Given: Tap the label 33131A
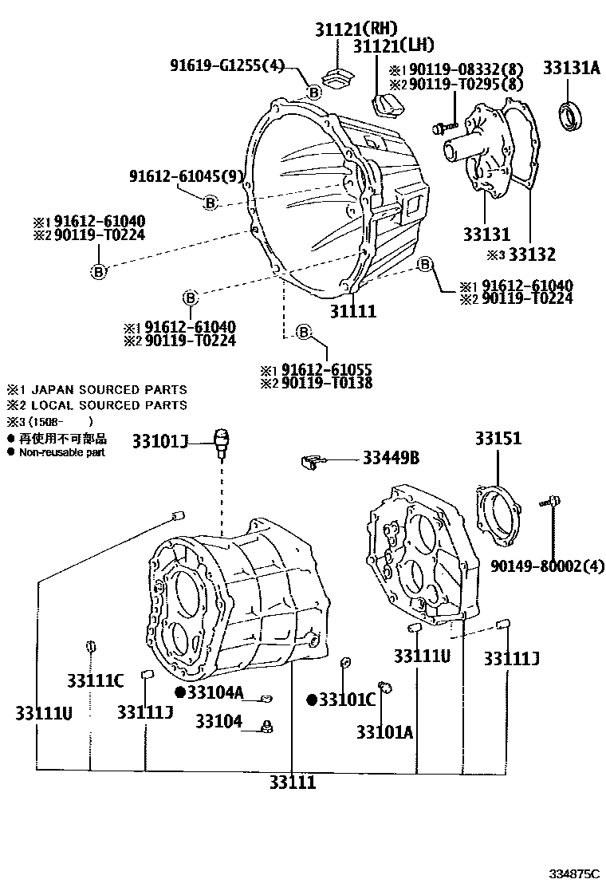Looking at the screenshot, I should (572, 69).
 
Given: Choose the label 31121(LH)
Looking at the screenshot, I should (389, 47).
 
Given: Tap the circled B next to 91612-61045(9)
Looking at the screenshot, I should (210, 203).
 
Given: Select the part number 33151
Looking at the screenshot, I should (498, 438).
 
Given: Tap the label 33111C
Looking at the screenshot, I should (95, 680).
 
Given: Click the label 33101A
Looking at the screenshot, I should (384, 732).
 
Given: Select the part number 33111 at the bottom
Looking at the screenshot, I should (292, 783).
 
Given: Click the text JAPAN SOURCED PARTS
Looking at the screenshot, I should (107, 390).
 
